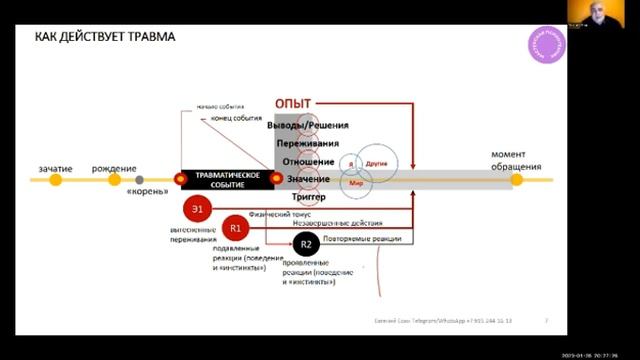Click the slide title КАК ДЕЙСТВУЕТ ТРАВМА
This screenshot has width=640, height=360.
click(x=105, y=37)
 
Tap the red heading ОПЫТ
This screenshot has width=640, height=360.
click(x=293, y=104)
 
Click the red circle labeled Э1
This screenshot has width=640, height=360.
click(x=198, y=209)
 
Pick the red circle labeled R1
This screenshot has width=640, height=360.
click(x=236, y=228)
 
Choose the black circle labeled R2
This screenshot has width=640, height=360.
click(x=306, y=245)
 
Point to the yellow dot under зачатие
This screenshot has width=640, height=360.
click(x=55, y=180)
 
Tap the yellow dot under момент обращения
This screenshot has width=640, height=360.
click(x=516, y=180)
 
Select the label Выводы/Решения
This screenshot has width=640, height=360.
click(x=308, y=125)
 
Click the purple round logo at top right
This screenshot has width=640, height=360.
click(x=546, y=48)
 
